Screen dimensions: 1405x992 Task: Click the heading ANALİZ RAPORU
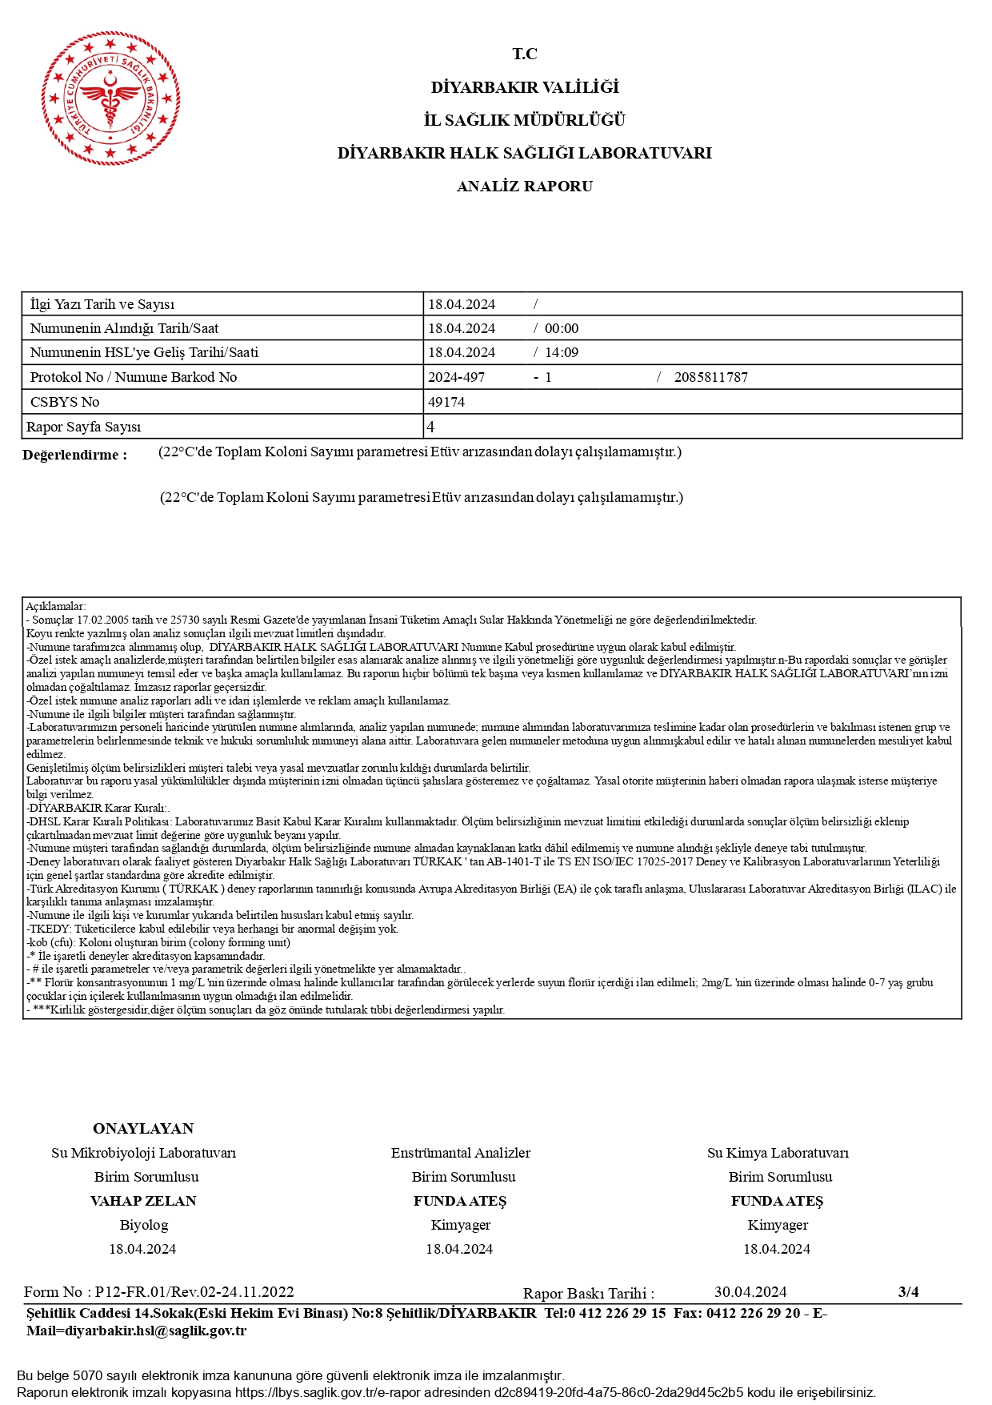524,187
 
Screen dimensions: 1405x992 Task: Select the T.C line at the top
525,54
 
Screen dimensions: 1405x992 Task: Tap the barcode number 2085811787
710,377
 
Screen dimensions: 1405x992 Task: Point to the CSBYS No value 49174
446,402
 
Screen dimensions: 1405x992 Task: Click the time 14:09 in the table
562,352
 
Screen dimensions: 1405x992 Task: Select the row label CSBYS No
65,402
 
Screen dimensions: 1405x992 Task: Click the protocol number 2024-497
456,377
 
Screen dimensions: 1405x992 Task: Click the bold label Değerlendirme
74,455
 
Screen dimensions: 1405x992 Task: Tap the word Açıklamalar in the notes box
55,607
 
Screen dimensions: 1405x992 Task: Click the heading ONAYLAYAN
143,1129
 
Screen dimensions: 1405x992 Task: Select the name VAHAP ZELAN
143,1201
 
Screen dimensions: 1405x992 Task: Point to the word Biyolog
144,1225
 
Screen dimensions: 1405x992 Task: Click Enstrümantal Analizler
461,1153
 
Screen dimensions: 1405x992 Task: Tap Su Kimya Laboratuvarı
778,1153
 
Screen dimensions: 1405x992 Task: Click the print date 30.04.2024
750,1292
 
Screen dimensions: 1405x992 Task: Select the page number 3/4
908,1291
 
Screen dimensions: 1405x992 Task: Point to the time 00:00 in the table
562,328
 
